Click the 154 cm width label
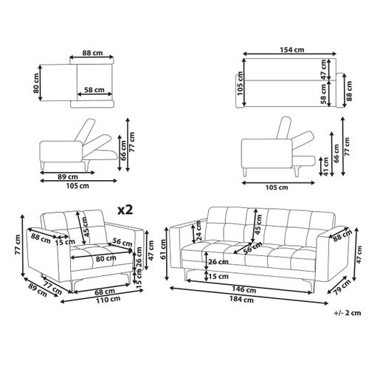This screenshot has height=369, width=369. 292,49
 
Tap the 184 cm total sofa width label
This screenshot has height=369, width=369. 241,300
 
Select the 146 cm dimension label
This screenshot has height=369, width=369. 244,289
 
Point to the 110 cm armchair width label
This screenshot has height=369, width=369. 108,300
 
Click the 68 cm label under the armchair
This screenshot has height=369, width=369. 105,292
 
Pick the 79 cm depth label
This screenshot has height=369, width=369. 342,287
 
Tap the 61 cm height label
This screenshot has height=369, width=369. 163,249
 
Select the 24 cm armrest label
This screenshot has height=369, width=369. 199,230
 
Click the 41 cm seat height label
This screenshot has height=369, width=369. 325,167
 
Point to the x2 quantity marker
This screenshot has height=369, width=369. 125,210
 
